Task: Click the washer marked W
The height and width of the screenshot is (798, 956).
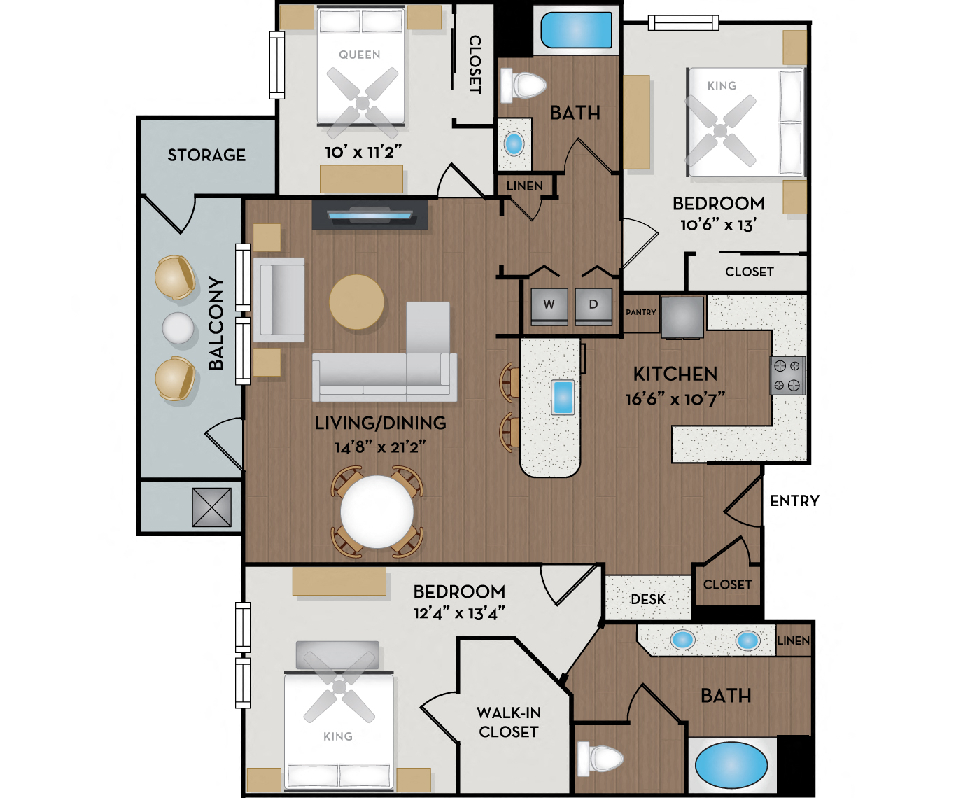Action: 549,305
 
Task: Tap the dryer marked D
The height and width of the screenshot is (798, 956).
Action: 593,305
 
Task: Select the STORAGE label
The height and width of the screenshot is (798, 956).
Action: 206,155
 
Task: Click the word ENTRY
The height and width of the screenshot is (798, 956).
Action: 794,501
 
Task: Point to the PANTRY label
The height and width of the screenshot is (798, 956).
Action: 641,313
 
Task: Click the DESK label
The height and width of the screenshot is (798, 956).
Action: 648,600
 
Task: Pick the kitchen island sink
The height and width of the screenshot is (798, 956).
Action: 563,397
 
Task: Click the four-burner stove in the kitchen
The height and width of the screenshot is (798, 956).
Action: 787,376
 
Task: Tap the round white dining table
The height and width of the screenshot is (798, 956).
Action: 377,512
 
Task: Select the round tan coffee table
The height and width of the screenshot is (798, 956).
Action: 357,302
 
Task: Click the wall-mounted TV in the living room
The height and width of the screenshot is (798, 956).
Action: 370,214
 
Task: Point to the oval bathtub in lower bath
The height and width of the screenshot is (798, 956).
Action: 731,765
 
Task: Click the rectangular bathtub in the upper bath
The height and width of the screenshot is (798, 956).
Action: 576,30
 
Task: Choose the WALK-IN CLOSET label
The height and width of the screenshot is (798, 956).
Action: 509,722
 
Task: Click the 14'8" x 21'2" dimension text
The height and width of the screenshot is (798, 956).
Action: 380,447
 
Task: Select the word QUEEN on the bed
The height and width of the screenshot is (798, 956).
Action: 360,55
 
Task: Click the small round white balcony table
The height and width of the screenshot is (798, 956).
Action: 178,328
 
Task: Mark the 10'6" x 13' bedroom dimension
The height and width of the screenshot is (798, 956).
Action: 718,225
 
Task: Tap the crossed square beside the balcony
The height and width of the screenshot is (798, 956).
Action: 211,507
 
